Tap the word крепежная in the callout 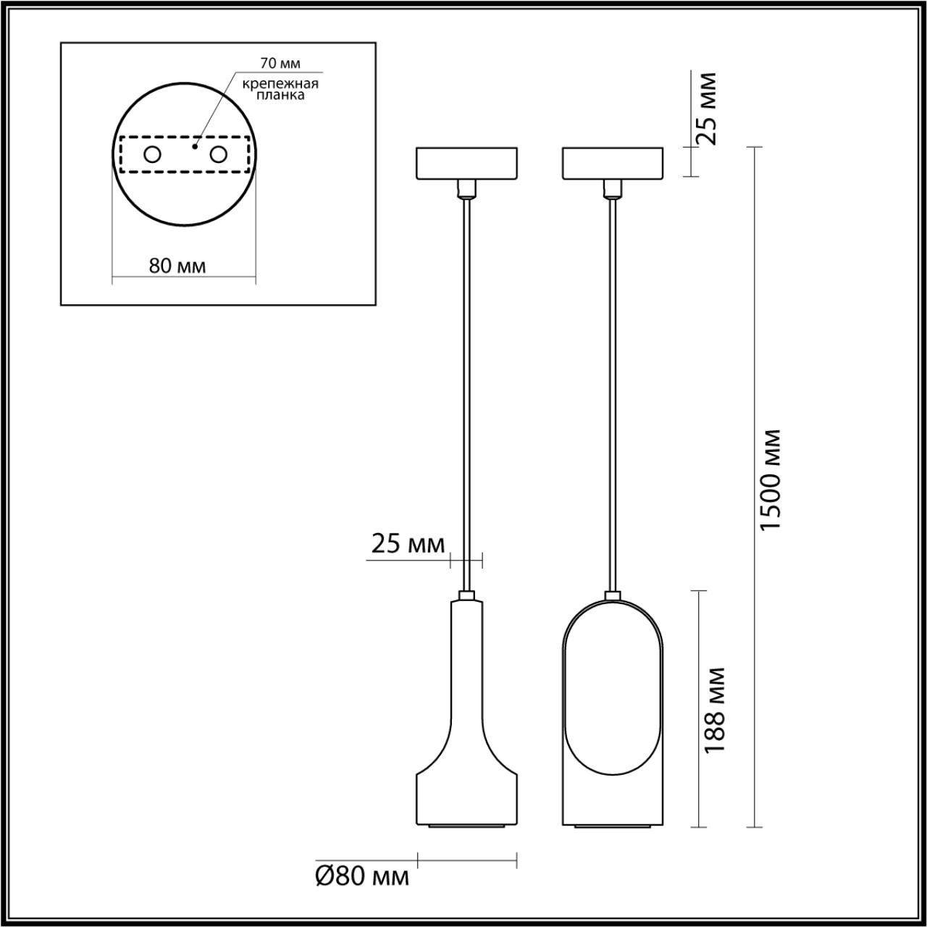[281, 83]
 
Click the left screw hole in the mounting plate [152, 154]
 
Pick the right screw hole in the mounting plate [217, 154]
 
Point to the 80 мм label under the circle [177, 266]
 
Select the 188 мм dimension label [715, 710]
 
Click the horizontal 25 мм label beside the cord [408, 544]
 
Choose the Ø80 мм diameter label [362, 877]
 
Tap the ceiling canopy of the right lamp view [613, 164]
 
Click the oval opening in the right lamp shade [613, 695]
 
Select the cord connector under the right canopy [613, 190]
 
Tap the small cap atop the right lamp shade [613, 596]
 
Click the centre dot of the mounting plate [194, 146]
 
